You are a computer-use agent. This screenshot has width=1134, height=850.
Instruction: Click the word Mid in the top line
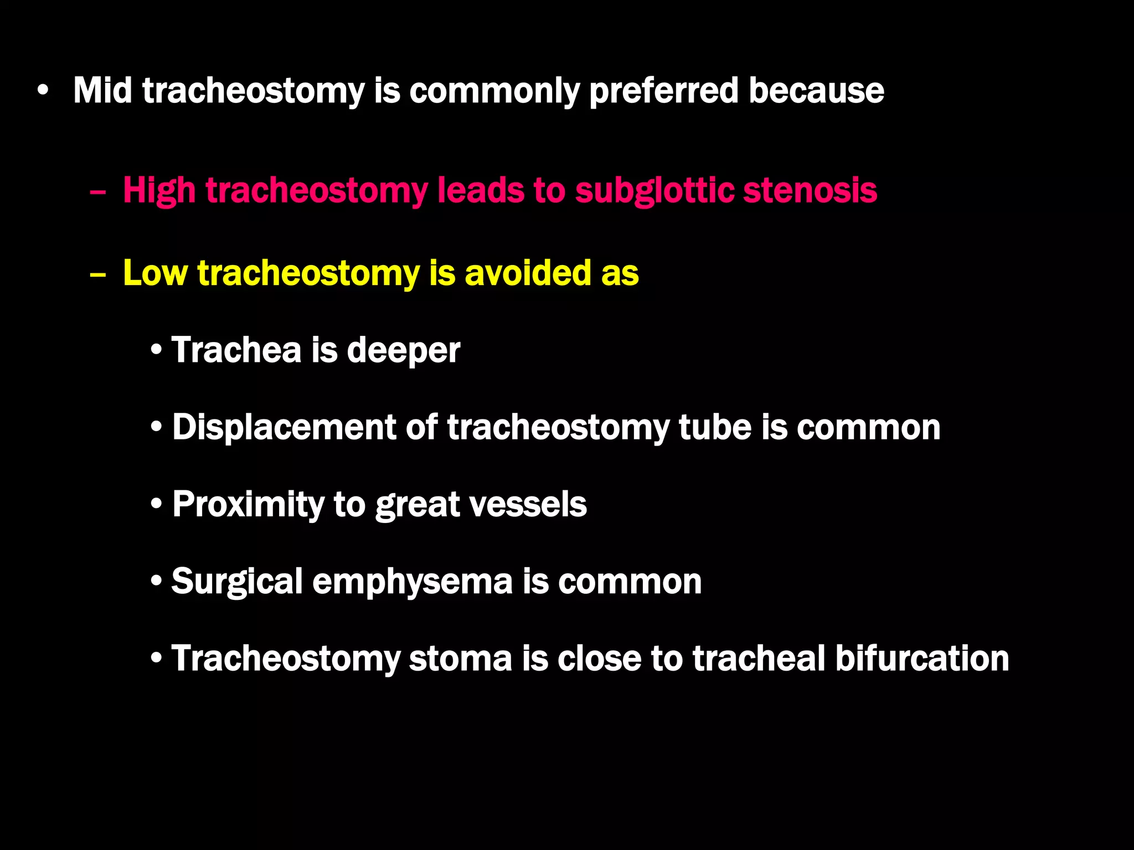click(103, 90)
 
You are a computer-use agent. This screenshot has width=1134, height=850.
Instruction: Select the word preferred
click(663, 91)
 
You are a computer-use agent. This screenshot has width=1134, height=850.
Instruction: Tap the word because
click(816, 90)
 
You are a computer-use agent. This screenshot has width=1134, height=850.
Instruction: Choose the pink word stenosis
click(810, 191)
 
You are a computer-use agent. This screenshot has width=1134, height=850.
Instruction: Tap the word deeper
click(403, 351)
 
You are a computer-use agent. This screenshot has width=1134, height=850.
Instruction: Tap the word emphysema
click(413, 582)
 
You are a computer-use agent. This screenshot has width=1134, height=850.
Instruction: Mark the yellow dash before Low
click(97, 275)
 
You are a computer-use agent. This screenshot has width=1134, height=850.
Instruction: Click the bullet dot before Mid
click(43, 90)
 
